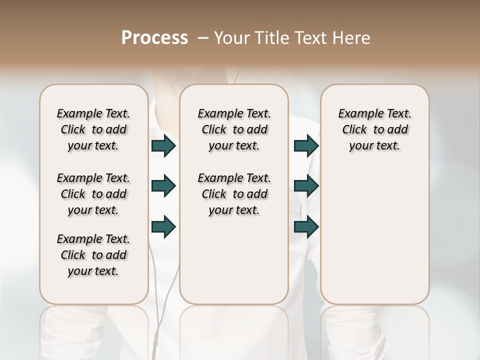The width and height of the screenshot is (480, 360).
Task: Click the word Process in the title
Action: (x=154, y=37)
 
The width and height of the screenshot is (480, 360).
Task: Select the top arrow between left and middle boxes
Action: (x=163, y=146)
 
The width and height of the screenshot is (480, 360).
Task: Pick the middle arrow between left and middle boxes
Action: (x=163, y=186)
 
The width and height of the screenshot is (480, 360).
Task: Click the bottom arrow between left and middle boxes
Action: (x=163, y=227)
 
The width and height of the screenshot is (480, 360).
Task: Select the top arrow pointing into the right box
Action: (x=306, y=146)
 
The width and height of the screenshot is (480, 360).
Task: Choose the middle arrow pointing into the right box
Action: (x=306, y=186)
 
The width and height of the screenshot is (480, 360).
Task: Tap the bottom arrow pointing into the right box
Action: (x=306, y=227)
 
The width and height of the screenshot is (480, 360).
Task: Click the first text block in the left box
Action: (x=93, y=129)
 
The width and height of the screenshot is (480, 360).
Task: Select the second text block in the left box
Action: (x=93, y=194)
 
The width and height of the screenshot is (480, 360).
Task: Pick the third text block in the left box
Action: (x=93, y=255)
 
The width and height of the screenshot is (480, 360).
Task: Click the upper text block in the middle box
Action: (x=234, y=129)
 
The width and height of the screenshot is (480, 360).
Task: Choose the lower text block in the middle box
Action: (x=234, y=194)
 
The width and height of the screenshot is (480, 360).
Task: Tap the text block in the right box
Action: (x=375, y=129)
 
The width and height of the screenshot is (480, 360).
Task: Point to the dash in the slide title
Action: (x=202, y=38)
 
